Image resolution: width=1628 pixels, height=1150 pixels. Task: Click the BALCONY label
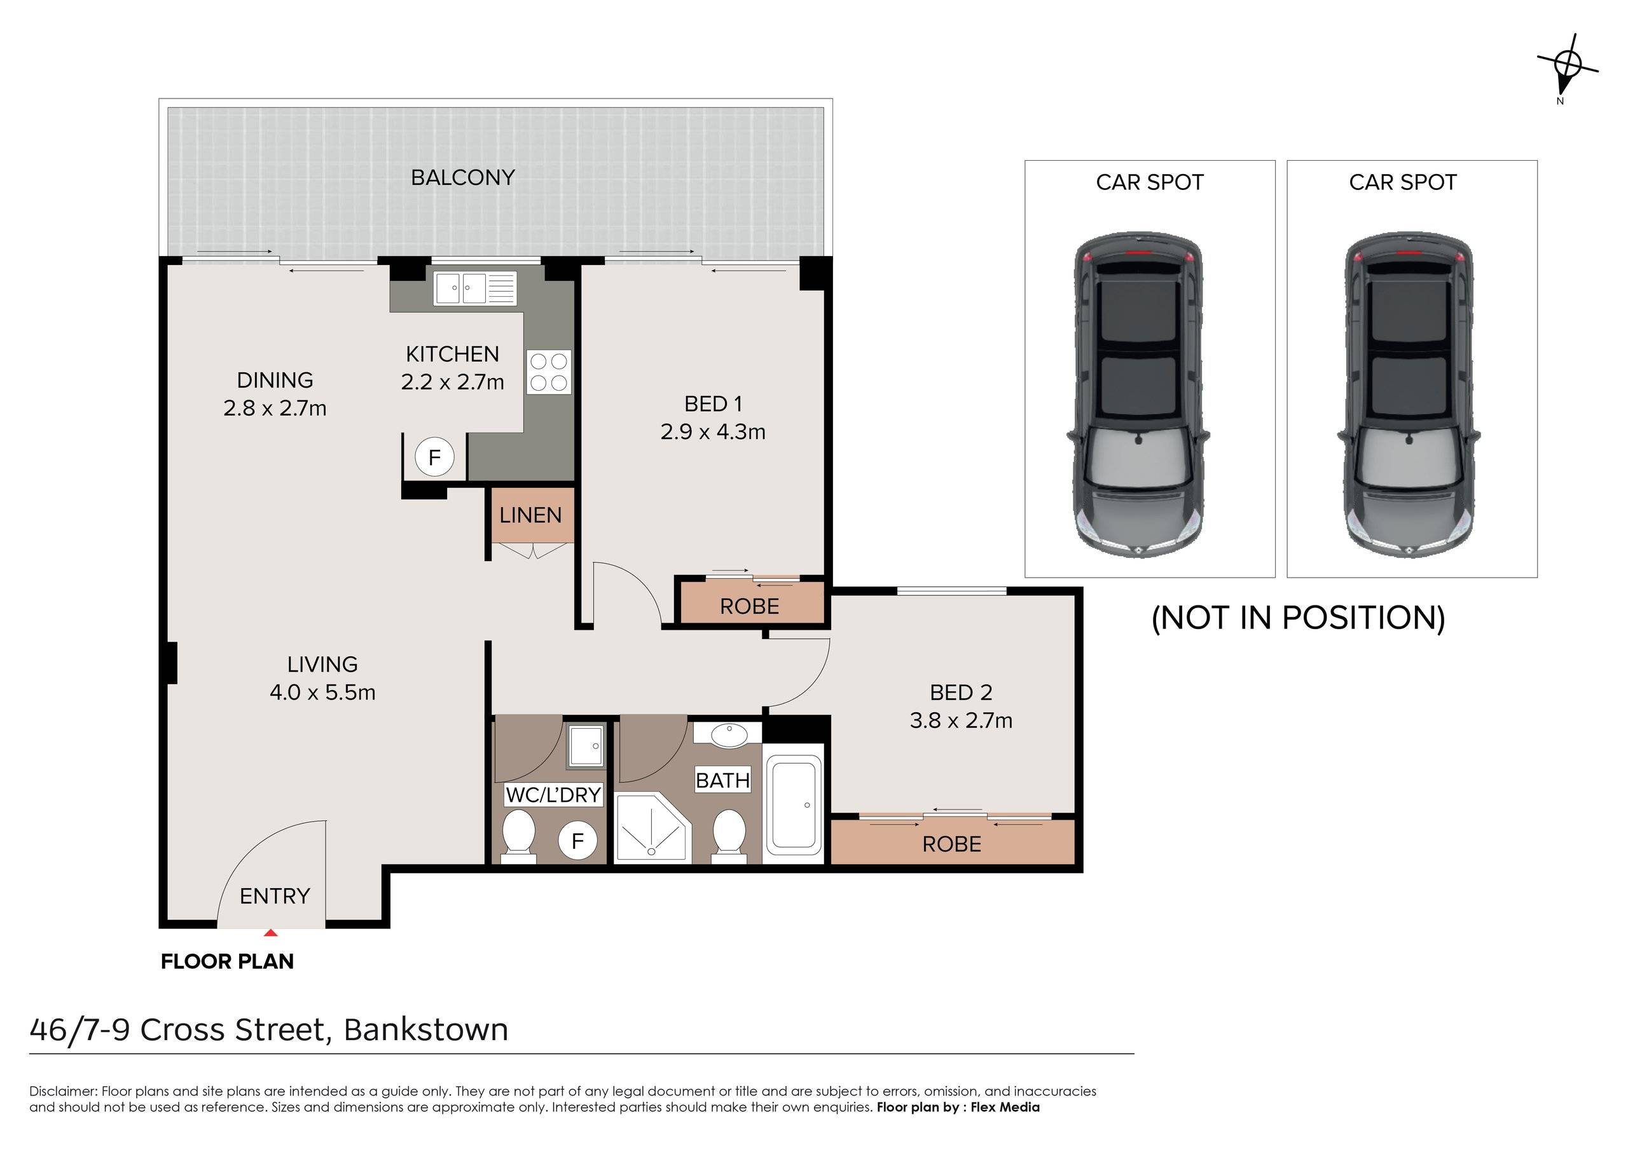tap(463, 177)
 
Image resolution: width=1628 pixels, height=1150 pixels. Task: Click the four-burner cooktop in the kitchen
tap(549, 372)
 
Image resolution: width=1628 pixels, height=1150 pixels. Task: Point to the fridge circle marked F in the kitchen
tap(434, 456)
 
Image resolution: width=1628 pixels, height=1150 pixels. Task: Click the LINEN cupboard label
tap(530, 515)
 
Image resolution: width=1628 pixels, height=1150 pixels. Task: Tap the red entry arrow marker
tap(270, 933)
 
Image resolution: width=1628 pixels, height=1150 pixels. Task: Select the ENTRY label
tap(275, 896)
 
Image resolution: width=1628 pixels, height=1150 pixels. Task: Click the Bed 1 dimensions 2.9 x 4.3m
tap(714, 431)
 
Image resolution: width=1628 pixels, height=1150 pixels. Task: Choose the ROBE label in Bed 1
tap(750, 607)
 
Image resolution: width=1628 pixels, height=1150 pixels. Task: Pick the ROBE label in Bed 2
tap(951, 844)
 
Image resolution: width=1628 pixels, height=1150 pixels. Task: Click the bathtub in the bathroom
tap(794, 803)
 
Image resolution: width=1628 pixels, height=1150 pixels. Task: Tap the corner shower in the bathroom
tap(652, 828)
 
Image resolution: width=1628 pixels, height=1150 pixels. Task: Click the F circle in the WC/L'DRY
tap(577, 841)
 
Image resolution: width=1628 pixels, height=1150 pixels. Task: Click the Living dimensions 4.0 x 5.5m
tap(322, 693)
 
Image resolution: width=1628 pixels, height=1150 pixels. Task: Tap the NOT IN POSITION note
tap(1299, 618)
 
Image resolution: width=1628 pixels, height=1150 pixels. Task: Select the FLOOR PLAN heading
tap(228, 961)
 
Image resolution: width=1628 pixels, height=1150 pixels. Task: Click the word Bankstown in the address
tap(426, 1029)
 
